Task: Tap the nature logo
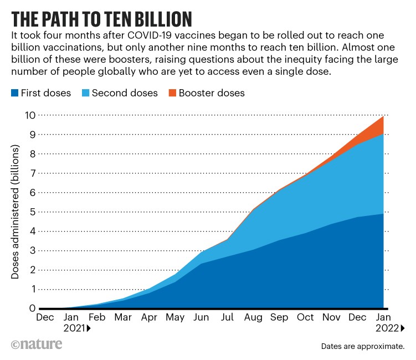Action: click(37, 344)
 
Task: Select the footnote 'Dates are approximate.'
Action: click(362, 347)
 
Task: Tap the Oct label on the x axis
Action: click(304, 318)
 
